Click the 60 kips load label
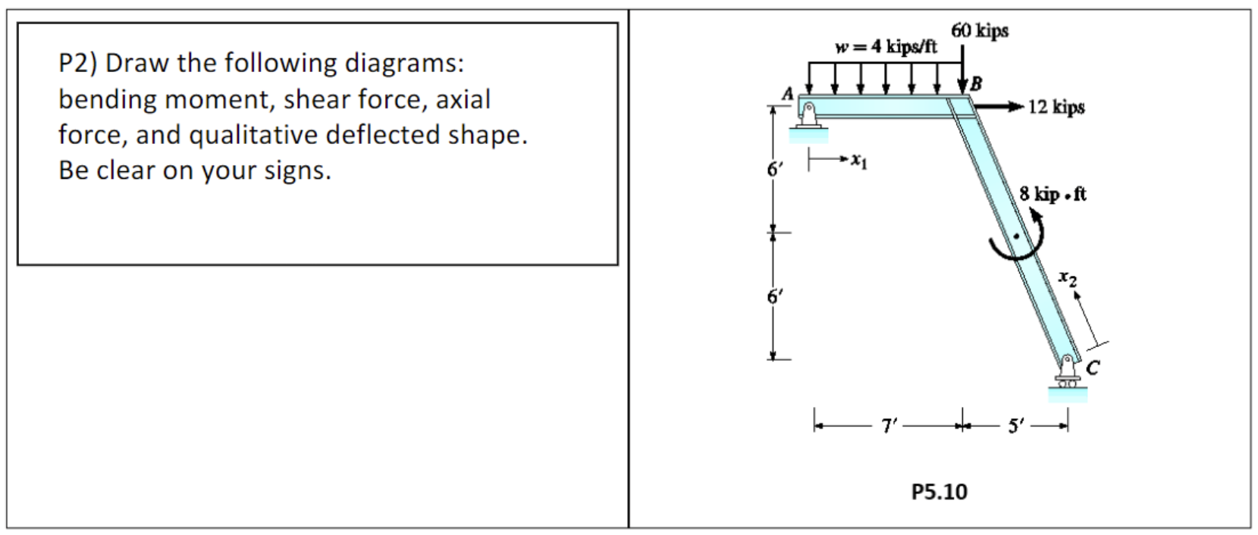[x=980, y=31]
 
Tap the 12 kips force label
[x=1056, y=108]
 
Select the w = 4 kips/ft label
[x=886, y=47]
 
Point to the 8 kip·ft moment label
[x=1053, y=195]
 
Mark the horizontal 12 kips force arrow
[x=999, y=108]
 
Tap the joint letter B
[x=976, y=83]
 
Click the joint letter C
[x=1093, y=368]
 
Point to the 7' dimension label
[x=889, y=427]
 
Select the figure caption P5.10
[x=939, y=492]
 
